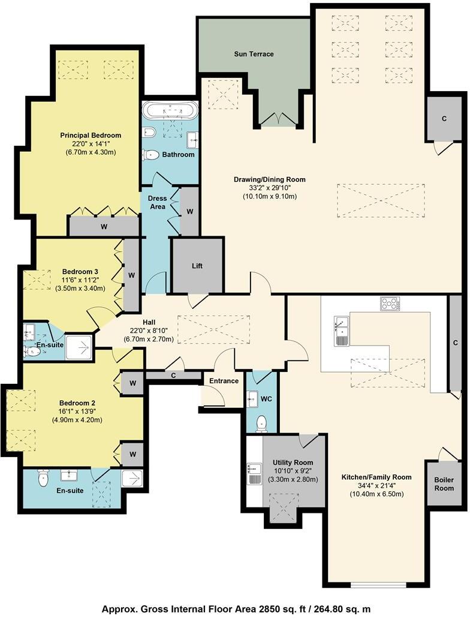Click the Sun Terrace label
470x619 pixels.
click(x=254, y=54)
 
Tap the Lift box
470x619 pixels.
click(x=197, y=265)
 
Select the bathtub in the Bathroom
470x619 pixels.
click(x=170, y=111)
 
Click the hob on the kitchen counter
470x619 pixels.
click(x=390, y=304)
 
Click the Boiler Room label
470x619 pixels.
click(x=444, y=484)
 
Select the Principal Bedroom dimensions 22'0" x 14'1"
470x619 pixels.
click(x=91, y=144)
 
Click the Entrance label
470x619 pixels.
click(x=223, y=381)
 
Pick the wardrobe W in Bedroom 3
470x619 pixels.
click(x=131, y=275)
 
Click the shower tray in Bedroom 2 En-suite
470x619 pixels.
click(x=132, y=478)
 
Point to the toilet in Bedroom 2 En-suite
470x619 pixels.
click(x=43, y=478)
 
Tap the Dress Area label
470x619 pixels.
click(x=156, y=202)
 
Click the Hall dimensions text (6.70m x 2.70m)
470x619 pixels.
click(x=149, y=339)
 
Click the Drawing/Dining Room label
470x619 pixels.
click(x=270, y=179)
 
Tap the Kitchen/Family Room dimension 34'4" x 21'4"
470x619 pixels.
click(x=376, y=486)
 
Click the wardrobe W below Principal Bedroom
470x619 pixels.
click(x=104, y=227)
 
